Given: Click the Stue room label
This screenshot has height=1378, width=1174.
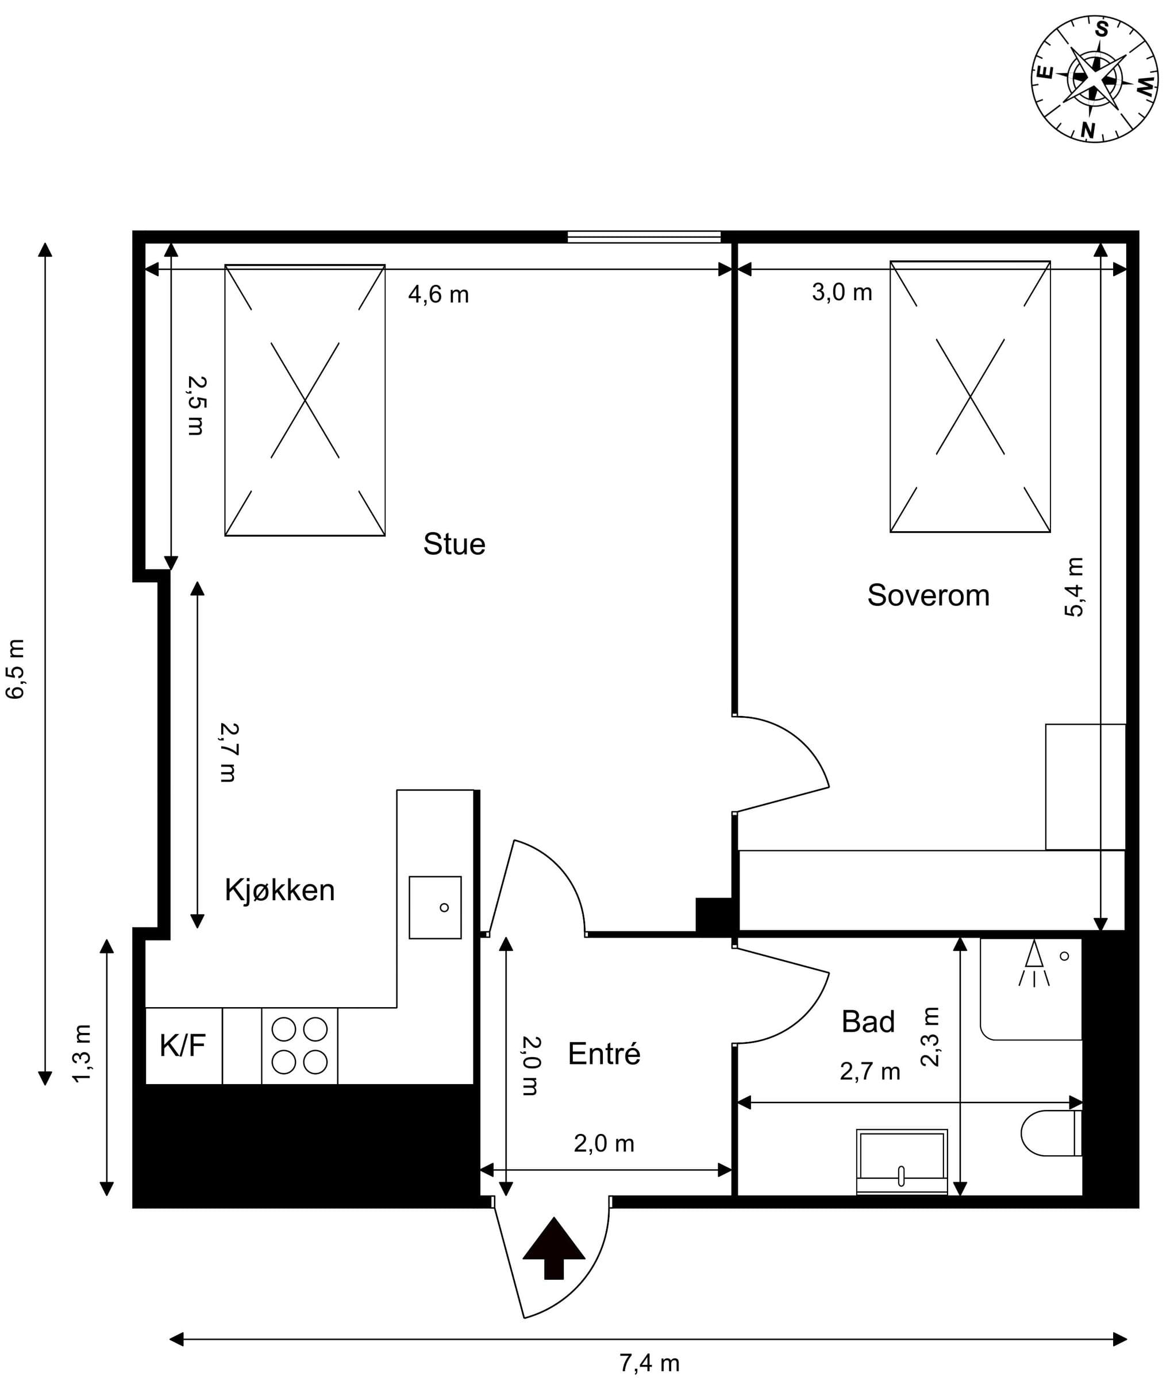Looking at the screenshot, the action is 455,544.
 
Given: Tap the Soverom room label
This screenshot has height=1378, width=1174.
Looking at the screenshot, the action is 929,595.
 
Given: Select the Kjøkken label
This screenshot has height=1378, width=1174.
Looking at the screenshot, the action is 279,890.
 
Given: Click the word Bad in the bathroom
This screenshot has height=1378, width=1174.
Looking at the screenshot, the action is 868,1021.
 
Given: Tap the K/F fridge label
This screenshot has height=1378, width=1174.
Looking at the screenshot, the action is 182,1046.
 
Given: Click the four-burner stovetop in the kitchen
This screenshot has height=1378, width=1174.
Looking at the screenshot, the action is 299,1046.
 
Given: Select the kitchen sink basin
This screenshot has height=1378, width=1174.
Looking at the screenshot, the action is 435,907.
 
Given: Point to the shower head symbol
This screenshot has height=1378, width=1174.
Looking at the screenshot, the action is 1034,962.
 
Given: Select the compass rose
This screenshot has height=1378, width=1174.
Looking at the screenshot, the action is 1095,79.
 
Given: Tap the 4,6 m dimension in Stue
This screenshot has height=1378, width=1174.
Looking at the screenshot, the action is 438,294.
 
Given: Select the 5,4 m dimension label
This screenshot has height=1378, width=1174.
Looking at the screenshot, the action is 1074,587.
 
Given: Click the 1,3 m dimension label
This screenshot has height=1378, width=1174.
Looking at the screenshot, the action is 81,1054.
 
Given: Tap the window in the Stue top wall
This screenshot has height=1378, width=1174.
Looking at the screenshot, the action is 644,237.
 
